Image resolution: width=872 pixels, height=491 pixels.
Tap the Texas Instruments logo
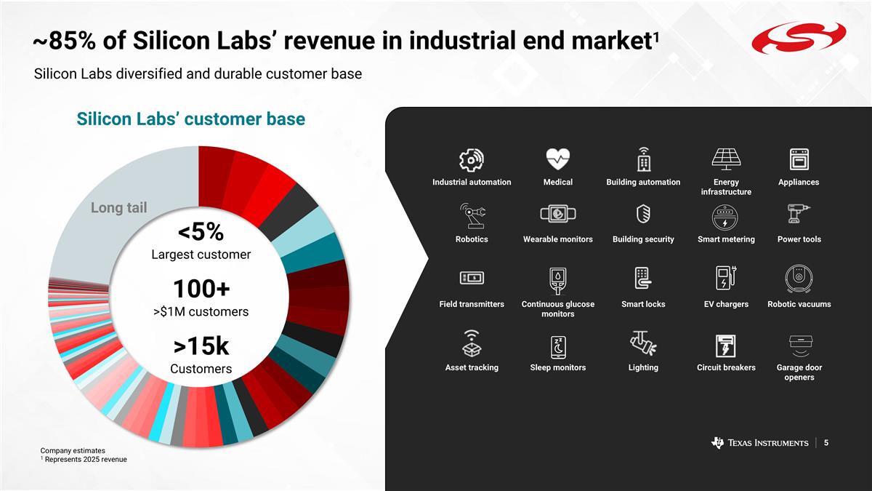(760, 443)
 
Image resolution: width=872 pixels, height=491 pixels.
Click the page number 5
(826, 442)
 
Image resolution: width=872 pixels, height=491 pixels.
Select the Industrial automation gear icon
(472, 159)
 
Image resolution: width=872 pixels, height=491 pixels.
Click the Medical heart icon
(558, 158)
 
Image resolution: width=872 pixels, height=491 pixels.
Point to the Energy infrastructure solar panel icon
(726, 159)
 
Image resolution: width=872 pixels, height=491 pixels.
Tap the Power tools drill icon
(799, 215)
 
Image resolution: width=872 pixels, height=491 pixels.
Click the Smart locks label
(643, 304)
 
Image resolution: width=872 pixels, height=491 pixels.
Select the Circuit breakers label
(726, 367)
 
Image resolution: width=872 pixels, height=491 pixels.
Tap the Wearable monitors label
(558, 239)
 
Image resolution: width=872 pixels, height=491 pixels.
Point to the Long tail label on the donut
(118, 208)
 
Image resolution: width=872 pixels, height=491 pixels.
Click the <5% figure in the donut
(201, 232)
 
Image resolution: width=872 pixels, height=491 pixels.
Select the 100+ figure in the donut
(201, 289)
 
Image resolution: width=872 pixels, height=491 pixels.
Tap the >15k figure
(201, 347)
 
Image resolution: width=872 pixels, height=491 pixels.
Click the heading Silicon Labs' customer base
(191, 119)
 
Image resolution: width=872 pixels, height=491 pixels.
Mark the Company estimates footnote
(73, 451)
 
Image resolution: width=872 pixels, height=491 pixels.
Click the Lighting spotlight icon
(643, 343)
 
